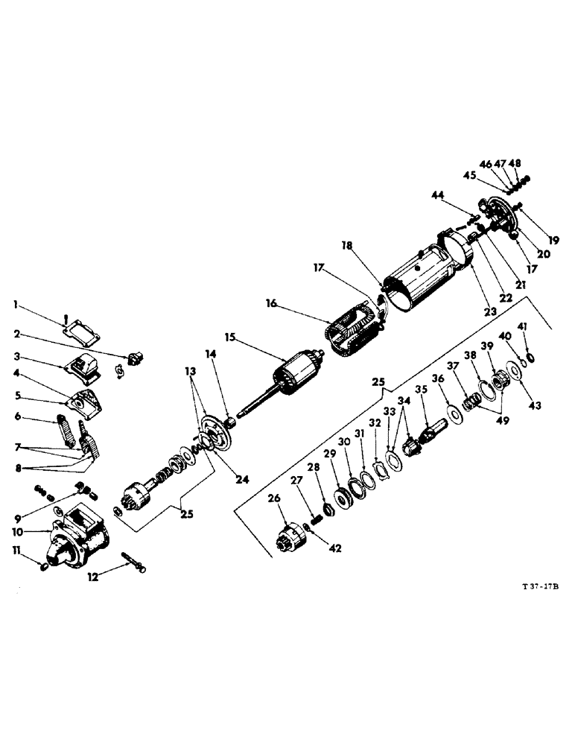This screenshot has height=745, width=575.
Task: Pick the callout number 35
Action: [422, 388]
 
